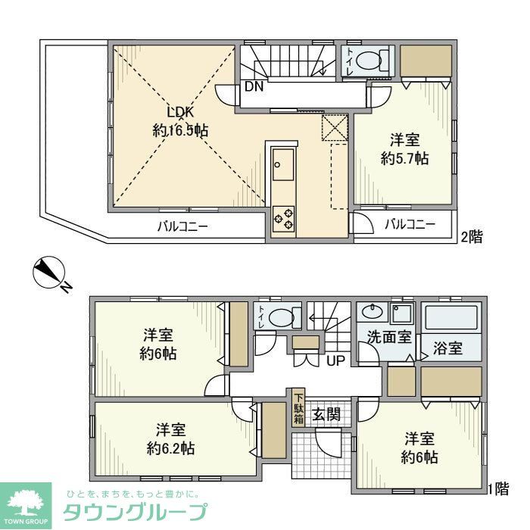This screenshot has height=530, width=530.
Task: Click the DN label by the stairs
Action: click(254, 86)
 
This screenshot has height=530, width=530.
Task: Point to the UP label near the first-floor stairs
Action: click(335, 360)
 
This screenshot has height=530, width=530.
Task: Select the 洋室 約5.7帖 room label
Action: click(405, 149)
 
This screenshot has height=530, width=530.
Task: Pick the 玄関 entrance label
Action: click(326, 414)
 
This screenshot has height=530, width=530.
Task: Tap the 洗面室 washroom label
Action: click(390, 337)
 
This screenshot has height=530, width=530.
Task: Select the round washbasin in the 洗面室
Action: click(373, 312)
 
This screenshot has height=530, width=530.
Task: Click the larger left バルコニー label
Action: click(182, 226)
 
